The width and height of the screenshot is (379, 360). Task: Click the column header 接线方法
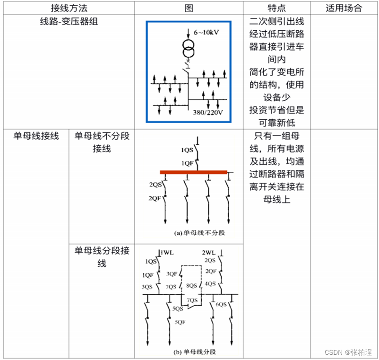69,8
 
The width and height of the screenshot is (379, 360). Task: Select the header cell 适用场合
344,8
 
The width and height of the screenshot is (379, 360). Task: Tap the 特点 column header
276,8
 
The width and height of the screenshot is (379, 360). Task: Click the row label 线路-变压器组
69,22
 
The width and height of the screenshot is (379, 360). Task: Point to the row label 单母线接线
36,136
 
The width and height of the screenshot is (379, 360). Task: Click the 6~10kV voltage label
207,32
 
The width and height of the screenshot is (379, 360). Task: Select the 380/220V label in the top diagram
207,113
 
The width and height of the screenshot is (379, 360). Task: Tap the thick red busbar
193,172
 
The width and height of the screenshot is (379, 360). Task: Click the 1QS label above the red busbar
187,150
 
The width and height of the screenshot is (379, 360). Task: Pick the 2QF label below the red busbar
155,198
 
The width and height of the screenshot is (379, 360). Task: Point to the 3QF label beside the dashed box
171,273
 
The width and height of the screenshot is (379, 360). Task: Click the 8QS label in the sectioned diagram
191,286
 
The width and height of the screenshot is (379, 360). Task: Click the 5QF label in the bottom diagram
180,322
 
